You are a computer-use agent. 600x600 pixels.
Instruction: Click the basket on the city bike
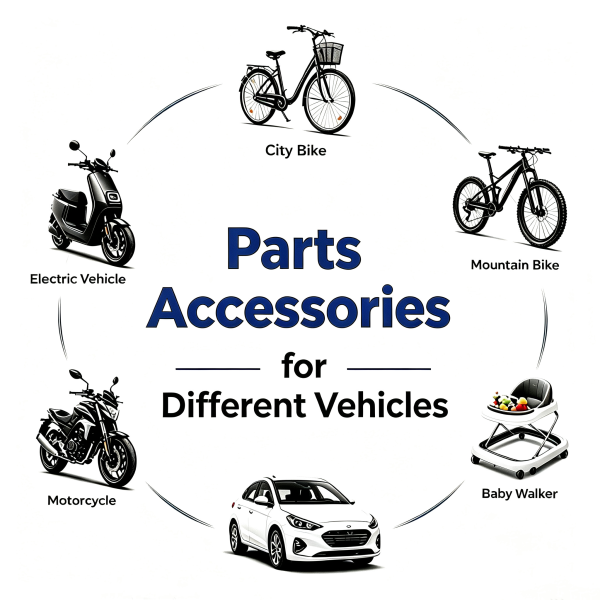point(329,53)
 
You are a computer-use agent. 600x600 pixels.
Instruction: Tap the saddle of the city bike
point(276,54)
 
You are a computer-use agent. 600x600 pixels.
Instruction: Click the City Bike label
point(296,150)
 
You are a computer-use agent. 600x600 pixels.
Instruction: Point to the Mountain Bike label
point(515,265)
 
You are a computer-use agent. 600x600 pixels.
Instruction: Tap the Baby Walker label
point(519,494)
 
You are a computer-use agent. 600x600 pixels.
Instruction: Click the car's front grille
point(347,538)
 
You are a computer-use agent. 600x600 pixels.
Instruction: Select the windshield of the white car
point(313,492)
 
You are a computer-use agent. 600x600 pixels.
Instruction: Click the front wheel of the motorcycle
point(117,461)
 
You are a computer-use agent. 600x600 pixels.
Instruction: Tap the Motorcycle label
point(82,501)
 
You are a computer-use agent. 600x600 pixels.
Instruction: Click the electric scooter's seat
point(72,196)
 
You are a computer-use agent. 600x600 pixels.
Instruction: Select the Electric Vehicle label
point(78,279)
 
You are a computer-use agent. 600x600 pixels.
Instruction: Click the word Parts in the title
point(294,249)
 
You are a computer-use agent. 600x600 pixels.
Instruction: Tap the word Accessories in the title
point(298,307)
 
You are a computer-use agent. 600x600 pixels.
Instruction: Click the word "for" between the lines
point(304,367)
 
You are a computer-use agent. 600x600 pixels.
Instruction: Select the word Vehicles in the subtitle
point(382,405)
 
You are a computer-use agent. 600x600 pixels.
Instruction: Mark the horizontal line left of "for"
point(218,369)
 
